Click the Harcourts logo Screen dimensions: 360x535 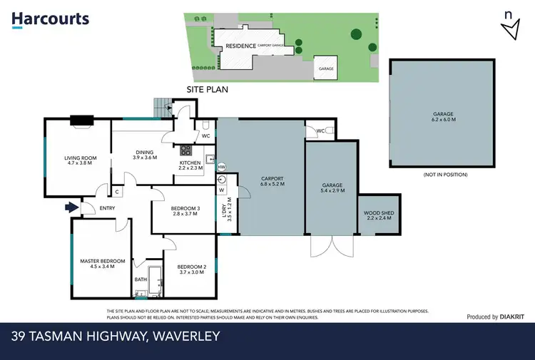pos(50,19)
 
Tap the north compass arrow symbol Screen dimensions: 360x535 pos(509,26)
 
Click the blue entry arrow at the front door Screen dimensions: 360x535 pos(68,207)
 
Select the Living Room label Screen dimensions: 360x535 pos(80,158)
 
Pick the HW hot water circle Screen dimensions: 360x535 pos(221,167)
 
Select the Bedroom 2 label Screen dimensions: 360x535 pos(193,269)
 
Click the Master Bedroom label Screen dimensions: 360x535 pos(102,264)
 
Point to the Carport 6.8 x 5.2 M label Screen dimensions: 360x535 pos(272,181)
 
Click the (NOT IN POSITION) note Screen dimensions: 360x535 pos(445,175)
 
